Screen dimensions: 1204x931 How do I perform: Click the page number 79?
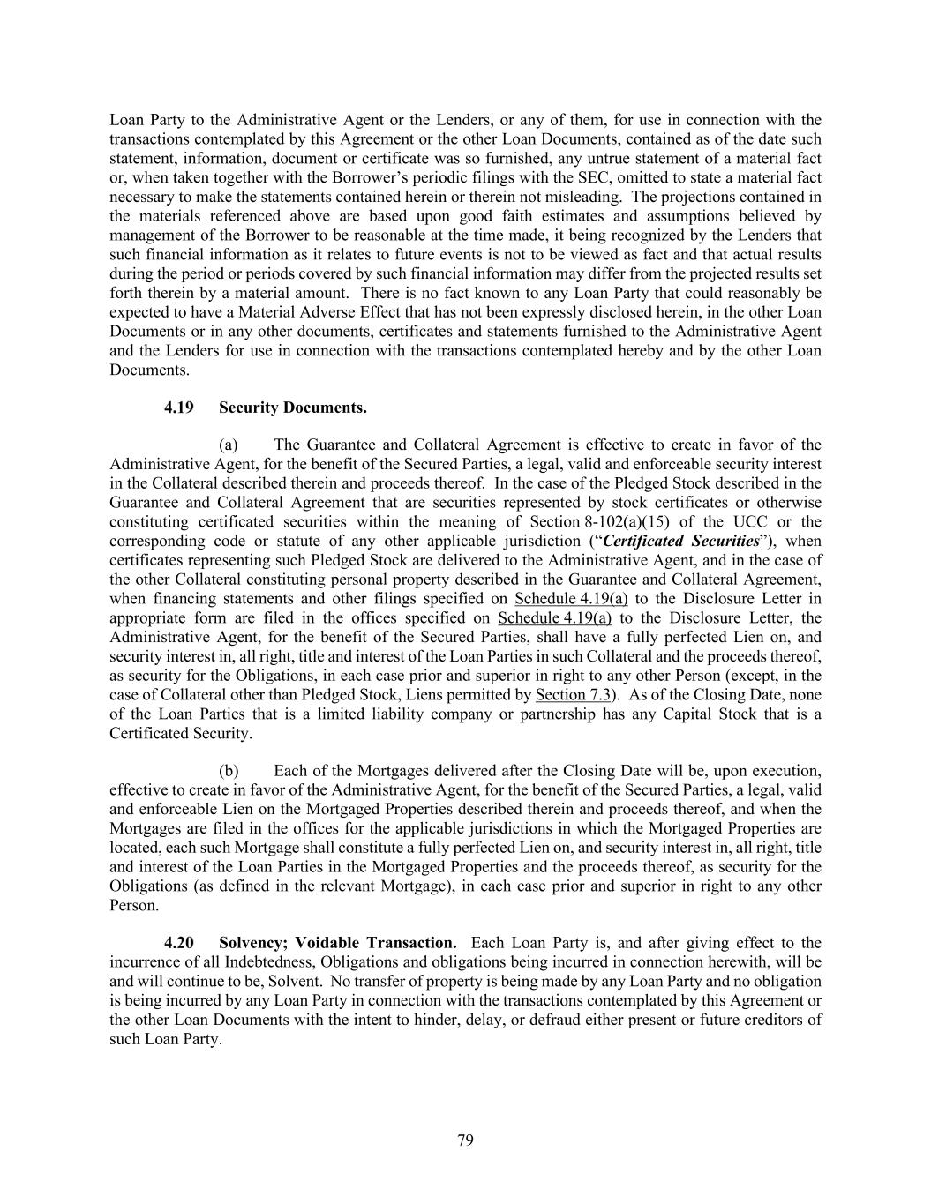coord(465,1140)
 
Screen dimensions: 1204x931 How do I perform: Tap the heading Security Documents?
coord(293,408)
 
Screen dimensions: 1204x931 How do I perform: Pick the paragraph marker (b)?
coord(229,771)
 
